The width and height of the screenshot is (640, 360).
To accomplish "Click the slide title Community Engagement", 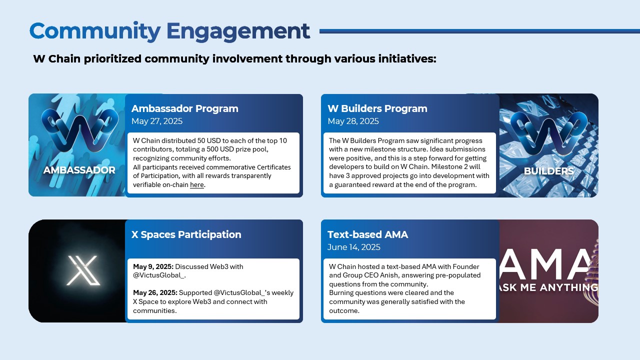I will click(x=169, y=31).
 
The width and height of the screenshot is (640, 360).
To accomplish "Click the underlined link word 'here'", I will click(x=197, y=185).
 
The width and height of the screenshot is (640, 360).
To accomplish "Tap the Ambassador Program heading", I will click(x=184, y=108).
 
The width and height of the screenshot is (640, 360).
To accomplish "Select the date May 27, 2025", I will click(x=157, y=121).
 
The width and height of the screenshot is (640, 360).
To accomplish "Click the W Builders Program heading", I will click(x=377, y=108).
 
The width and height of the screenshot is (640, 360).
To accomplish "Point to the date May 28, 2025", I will click(x=353, y=121).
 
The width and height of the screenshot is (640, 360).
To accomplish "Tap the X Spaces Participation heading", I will click(x=186, y=234).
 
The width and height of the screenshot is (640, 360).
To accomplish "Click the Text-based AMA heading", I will click(x=367, y=234).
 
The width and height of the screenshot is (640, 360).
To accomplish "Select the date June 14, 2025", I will click(x=353, y=247).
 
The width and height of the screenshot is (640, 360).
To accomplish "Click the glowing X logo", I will click(x=83, y=270).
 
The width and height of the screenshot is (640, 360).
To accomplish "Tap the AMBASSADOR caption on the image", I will click(x=79, y=170).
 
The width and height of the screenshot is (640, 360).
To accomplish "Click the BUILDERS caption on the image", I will click(x=548, y=171).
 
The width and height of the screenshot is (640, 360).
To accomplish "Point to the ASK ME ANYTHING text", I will click(x=548, y=287).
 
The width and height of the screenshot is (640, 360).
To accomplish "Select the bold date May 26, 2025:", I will click(x=155, y=293).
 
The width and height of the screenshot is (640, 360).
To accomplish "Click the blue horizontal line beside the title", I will click(x=479, y=31).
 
